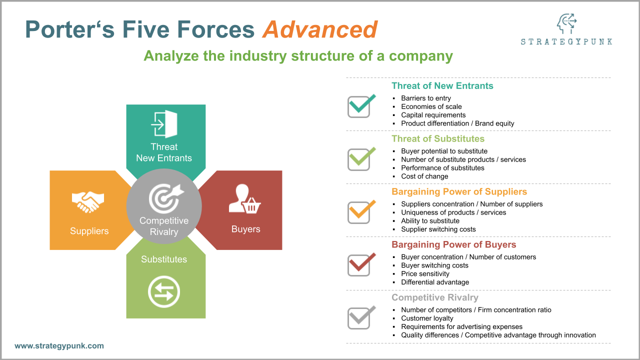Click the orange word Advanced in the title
point(320,29)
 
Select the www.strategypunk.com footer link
point(59,345)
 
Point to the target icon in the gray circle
point(165,198)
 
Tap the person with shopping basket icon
point(245,200)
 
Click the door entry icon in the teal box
point(164,124)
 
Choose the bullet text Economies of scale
point(431,106)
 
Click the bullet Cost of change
point(424,176)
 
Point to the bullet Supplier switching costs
point(438,229)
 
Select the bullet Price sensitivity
point(425,273)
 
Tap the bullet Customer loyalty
point(427,318)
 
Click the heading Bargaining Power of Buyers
point(453,244)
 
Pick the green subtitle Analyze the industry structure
point(298,55)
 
